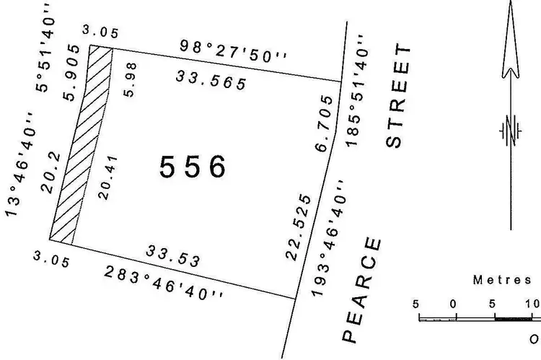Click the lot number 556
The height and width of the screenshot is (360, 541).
[193, 167]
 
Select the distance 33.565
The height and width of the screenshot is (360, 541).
[211, 80]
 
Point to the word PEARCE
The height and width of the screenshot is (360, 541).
[361, 289]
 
